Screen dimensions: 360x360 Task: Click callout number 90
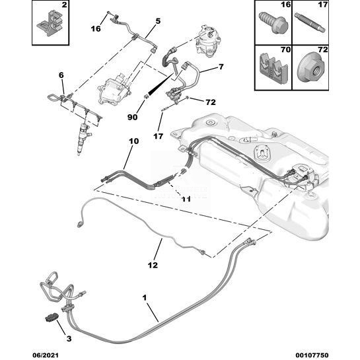click(x=133, y=117)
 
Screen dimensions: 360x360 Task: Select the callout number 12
click(x=153, y=265)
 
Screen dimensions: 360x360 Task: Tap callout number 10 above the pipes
click(x=134, y=141)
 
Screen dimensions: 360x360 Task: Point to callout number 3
click(x=69, y=339)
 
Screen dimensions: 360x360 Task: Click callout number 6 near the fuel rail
click(x=61, y=75)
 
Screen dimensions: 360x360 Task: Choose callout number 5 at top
click(x=158, y=21)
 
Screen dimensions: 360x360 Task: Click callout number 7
click(x=221, y=67)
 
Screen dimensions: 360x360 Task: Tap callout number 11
click(x=186, y=199)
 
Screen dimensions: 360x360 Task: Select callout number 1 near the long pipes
click(x=145, y=298)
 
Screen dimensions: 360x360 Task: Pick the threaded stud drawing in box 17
click(x=310, y=24)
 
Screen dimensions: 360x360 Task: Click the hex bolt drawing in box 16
click(x=273, y=23)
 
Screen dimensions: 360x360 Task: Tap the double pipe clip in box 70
click(x=273, y=69)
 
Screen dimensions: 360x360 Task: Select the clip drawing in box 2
click(x=50, y=24)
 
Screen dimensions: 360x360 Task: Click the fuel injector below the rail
click(x=83, y=138)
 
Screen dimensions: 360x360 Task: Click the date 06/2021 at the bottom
click(x=45, y=355)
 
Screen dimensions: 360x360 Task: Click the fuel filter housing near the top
click(x=209, y=41)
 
